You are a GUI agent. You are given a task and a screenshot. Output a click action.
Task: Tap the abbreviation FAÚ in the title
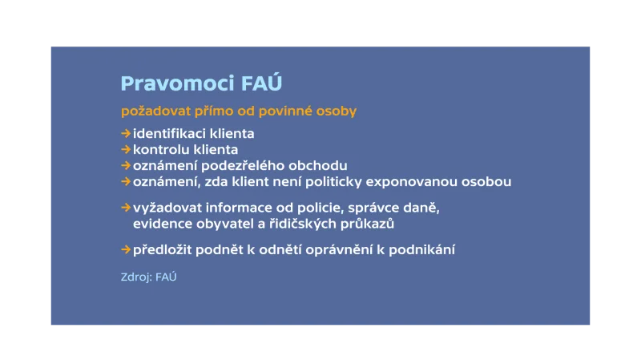[x=261, y=83]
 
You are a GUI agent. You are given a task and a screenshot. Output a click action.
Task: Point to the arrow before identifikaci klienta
[x=126, y=133]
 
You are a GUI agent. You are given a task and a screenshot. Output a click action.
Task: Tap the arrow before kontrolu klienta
[x=126, y=149]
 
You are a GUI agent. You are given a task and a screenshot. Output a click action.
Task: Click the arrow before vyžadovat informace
[x=126, y=208]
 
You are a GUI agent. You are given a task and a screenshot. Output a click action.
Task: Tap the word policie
[x=321, y=208]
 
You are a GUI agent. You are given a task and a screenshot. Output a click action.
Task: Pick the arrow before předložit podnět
[x=126, y=249]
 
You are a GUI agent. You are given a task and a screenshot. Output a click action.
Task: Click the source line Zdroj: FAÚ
[x=148, y=277]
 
